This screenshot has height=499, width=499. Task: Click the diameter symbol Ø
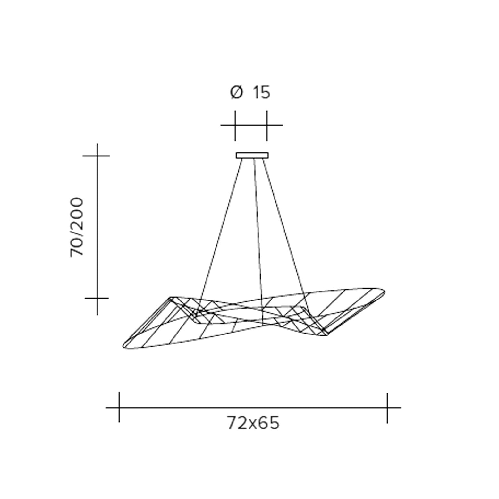pos(237,93)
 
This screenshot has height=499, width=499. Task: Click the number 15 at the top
pos(262,93)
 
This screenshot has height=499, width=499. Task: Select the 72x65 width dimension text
pos(253,423)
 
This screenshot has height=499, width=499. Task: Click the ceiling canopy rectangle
pos(252,156)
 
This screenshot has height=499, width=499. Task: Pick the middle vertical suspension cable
pos(258,242)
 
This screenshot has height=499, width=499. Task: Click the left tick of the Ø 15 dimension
pos(235,126)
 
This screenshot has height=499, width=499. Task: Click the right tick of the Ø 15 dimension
pos(267,126)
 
